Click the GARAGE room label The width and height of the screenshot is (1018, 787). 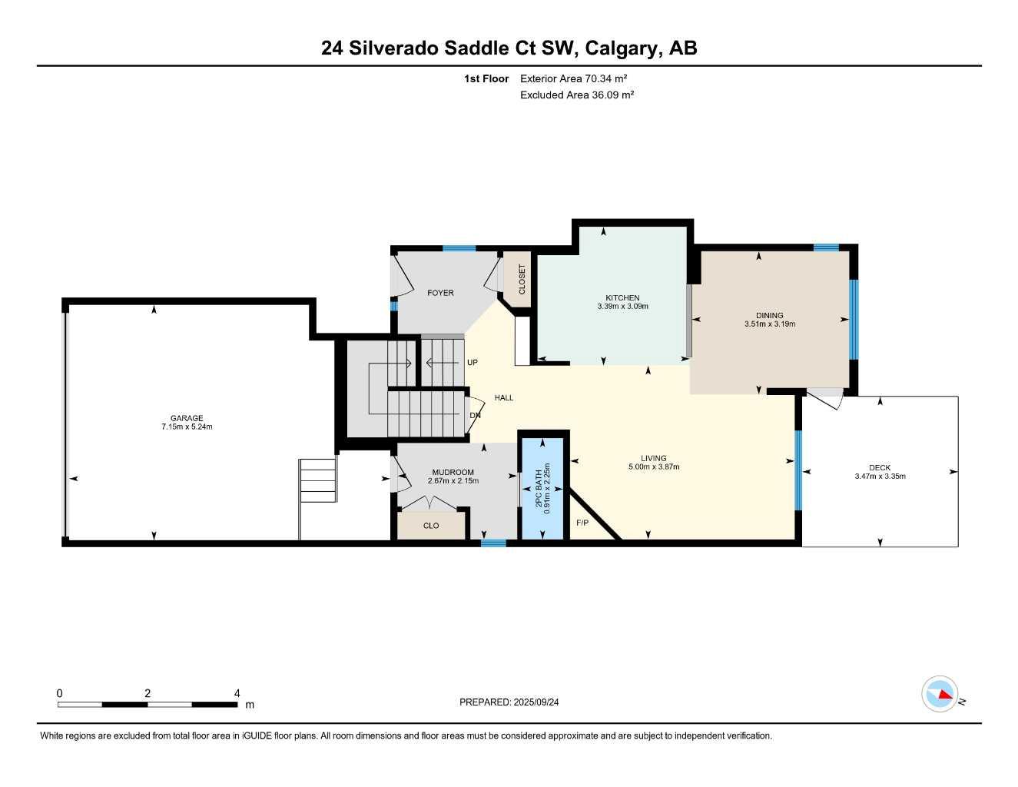coord(187,418)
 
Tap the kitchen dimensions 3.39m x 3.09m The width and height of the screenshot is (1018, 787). coord(622,307)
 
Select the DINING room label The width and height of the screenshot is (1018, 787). coord(769,315)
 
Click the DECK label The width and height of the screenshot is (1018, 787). coord(880,467)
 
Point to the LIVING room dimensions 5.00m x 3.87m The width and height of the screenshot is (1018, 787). coord(654,467)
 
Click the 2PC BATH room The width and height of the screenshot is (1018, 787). coord(543,488)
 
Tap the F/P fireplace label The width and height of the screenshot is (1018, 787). coord(582,523)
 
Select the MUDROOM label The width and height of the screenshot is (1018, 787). coord(453,472)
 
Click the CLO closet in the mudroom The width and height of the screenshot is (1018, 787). coord(431,526)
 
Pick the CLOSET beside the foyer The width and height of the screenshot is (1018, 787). coord(522,280)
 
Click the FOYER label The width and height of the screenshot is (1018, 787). coord(440,293)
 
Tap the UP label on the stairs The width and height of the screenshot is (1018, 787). coord(473,362)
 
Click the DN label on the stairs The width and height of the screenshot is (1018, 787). coord(475,416)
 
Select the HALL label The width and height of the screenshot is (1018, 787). coord(504,397)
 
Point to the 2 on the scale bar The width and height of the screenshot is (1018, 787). coord(148,693)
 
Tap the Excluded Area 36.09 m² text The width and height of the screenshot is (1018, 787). coord(576,95)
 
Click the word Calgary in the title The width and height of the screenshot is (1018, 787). coord(621,48)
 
